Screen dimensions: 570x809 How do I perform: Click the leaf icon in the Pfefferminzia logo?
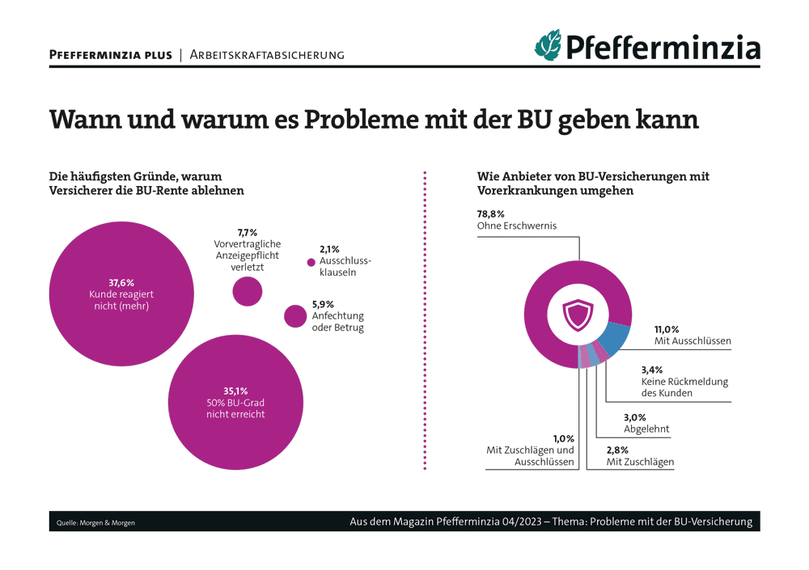pyautogui.click(x=547, y=44)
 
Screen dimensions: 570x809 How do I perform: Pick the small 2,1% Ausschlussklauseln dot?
pyautogui.click(x=311, y=262)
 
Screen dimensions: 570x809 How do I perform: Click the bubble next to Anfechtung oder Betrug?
pyautogui.click(x=295, y=316)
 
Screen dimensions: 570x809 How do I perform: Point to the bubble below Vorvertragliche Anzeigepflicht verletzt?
pyautogui.click(x=247, y=290)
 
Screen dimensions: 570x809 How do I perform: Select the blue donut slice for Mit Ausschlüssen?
pyautogui.click(x=616, y=337)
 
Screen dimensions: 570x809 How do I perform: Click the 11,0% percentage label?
pyautogui.click(x=667, y=329)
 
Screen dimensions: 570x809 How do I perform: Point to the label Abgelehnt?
pyautogui.click(x=646, y=429)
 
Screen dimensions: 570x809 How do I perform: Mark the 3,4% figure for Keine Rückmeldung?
pyautogui.click(x=653, y=369)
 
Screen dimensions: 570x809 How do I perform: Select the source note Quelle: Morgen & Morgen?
pyautogui.click(x=96, y=523)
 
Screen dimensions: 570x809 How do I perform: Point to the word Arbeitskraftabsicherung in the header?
pyautogui.click(x=267, y=55)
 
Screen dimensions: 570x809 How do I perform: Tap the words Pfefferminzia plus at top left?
pyautogui.click(x=111, y=55)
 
